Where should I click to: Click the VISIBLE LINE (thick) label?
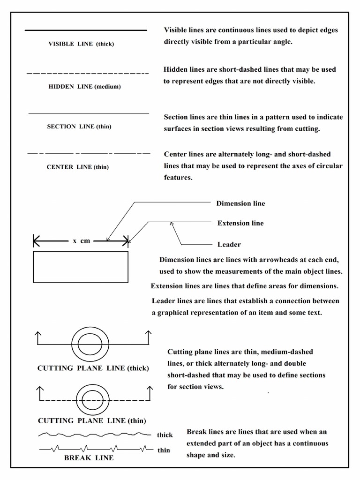click(x=81, y=44)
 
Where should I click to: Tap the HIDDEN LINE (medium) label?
click(x=84, y=87)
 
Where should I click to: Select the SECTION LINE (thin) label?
click(x=79, y=127)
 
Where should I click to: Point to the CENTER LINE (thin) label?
click(x=78, y=167)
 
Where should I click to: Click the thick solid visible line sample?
click(x=85, y=30)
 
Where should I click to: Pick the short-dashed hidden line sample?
click(x=88, y=74)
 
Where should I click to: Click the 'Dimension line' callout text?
click(x=240, y=203)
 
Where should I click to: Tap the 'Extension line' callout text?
click(x=240, y=223)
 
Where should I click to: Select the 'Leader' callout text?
click(x=229, y=244)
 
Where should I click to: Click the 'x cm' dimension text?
click(x=81, y=241)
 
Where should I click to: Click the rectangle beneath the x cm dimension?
click(x=81, y=267)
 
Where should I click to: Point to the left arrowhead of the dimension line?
click(x=37, y=242)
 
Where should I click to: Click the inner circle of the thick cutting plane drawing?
click(x=90, y=346)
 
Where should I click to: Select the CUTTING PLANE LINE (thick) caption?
click(x=93, y=368)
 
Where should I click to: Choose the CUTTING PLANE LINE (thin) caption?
click(x=91, y=420)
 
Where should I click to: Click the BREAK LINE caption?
click(x=89, y=457)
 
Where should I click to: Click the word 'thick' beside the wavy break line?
click(x=165, y=435)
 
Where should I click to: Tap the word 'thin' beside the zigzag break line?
click(x=164, y=450)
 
